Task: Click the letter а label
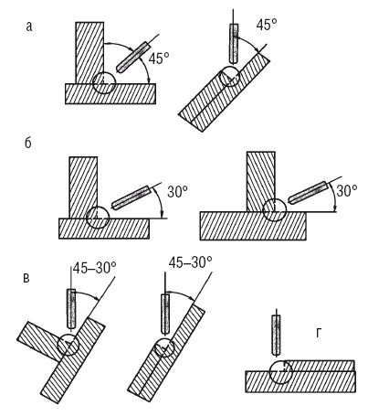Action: [29, 27]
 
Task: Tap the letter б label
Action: [28, 143]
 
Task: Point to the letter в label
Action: [26, 279]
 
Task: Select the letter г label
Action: [318, 334]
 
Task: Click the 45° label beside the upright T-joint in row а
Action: [159, 59]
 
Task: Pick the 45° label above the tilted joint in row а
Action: [267, 26]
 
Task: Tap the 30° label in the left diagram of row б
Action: [177, 192]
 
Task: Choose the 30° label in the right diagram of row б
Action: [347, 191]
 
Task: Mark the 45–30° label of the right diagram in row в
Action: [190, 261]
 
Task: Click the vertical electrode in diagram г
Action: [276, 335]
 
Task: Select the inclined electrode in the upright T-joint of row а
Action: [132, 57]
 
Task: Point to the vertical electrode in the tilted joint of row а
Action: [234, 43]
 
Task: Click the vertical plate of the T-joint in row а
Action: [89, 53]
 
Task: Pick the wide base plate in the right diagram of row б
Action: [253, 226]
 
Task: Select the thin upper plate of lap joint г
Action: [320, 366]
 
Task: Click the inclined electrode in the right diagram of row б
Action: [308, 192]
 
